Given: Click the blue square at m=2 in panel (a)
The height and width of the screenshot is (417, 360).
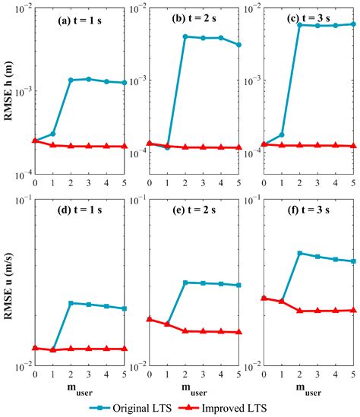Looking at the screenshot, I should pyautogui.click(x=71, y=80).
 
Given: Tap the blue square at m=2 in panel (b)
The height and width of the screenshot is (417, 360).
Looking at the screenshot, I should pyautogui.click(x=185, y=36).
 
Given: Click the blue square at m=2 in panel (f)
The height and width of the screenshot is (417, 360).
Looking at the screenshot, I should pyautogui.click(x=299, y=253).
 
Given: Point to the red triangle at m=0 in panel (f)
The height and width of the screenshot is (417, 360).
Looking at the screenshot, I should pyautogui.click(x=264, y=298).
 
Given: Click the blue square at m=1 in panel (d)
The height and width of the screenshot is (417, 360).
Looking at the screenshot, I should pyautogui.click(x=53, y=349).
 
